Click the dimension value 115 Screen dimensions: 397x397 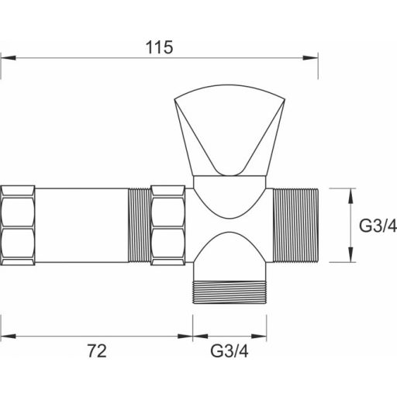click(x=159, y=47)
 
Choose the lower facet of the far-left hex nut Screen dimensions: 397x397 click(x=18, y=244)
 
